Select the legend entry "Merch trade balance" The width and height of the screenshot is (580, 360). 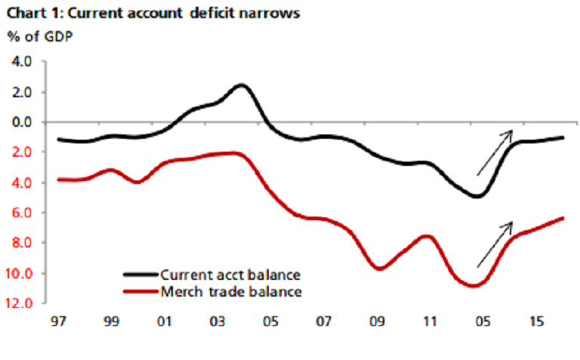[216, 291]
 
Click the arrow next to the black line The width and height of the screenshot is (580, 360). [495, 152]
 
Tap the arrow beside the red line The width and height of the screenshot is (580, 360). [495, 244]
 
